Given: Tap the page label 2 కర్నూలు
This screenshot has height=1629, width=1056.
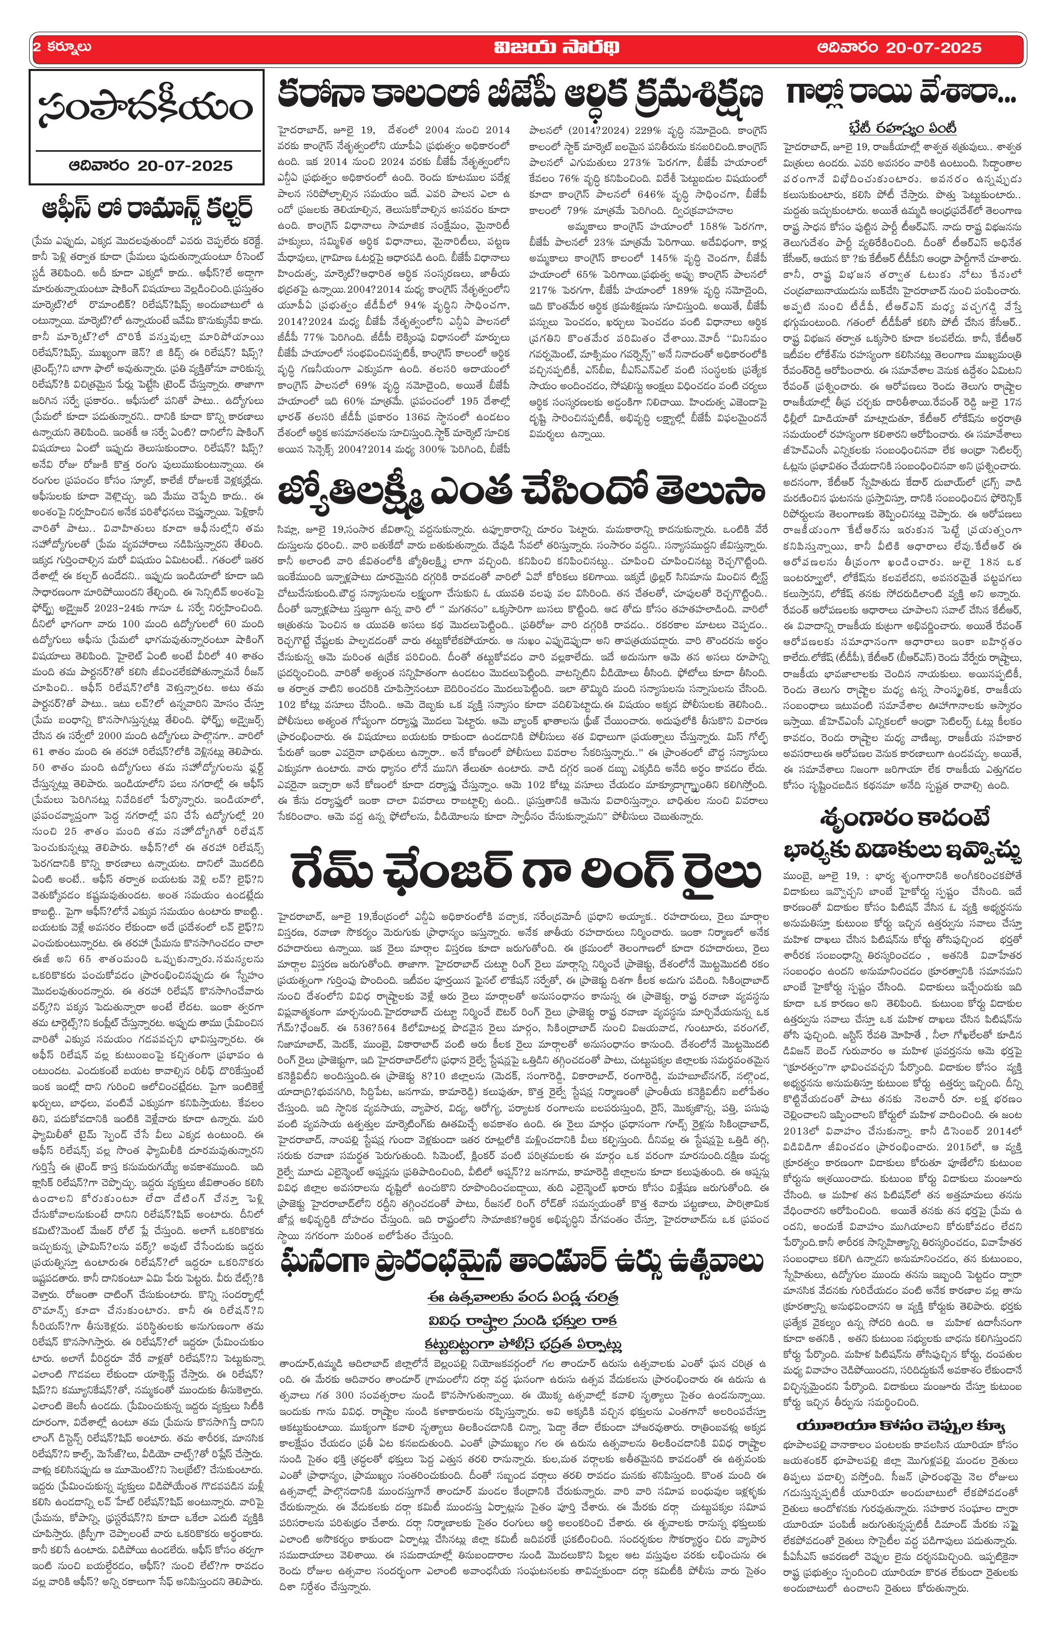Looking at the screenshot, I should [x=62, y=48].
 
